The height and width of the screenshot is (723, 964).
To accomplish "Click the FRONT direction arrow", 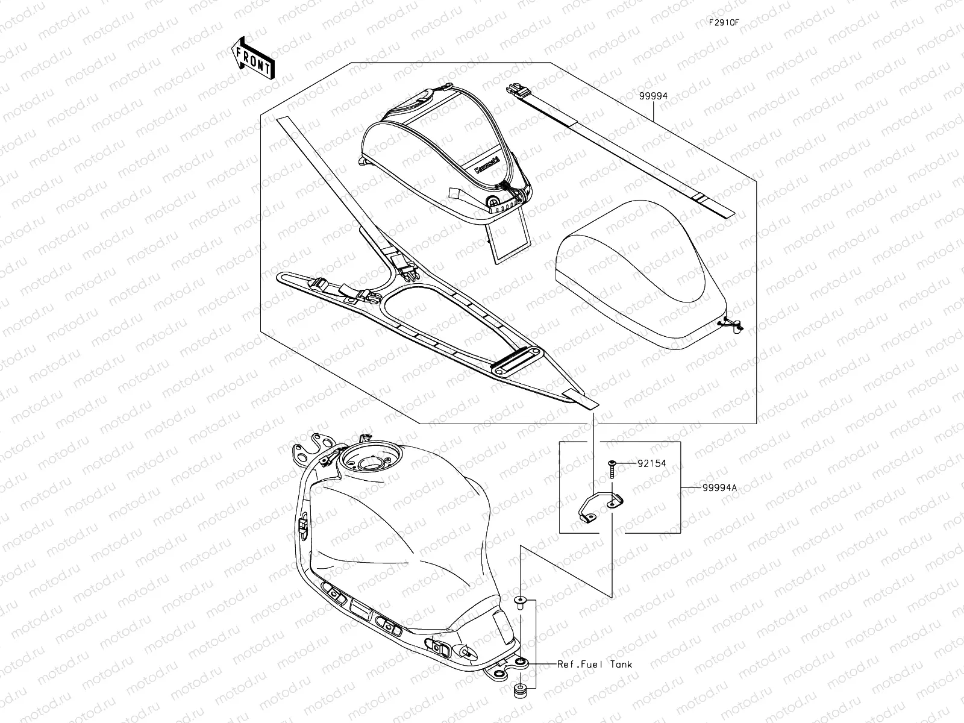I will [x=252, y=58].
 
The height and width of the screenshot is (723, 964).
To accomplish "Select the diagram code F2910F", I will [x=723, y=23].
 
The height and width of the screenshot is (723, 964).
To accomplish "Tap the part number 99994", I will [x=654, y=95].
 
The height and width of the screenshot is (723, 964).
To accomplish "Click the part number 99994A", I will [x=719, y=488].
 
